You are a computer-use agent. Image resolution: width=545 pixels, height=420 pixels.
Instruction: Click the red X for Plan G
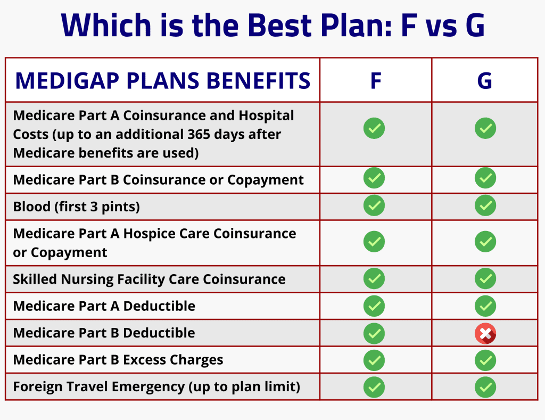click(x=485, y=334)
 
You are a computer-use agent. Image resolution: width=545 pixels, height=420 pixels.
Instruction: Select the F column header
click(x=375, y=81)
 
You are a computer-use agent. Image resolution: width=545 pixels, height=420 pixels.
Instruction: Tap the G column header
click(x=485, y=81)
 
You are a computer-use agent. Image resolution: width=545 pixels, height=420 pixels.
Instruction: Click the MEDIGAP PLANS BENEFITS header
click(x=162, y=81)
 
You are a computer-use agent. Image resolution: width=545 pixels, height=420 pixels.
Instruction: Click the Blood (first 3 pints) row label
click(x=76, y=207)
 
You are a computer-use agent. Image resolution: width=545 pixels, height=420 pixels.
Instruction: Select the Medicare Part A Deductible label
click(x=104, y=306)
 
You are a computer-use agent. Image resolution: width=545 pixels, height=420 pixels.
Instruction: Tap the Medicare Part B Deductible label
click(x=104, y=333)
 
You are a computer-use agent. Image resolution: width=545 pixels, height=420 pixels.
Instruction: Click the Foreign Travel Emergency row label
click(x=156, y=387)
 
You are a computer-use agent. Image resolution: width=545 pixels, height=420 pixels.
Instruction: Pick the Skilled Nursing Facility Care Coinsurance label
click(x=149, y=279)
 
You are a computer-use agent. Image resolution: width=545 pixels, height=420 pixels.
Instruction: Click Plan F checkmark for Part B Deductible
click(x=374, y=333)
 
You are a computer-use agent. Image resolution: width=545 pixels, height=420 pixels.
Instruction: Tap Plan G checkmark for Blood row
click(x=485, y=205)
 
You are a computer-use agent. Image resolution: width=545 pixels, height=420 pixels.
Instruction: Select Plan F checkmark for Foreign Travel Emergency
click(x=374, y=387)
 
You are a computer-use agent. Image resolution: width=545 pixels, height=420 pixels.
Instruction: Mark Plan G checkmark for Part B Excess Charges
click(x=485, y=360)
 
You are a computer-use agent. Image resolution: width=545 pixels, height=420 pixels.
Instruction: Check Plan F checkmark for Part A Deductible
click(x=374, y=306)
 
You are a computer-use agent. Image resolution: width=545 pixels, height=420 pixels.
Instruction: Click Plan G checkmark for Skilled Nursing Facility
click(x=485, y=279)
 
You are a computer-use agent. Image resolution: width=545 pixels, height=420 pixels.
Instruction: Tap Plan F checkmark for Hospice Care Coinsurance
click(x=374, y=242)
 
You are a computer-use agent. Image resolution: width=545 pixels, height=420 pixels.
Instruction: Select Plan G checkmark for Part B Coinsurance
click(x=485, y=178)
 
